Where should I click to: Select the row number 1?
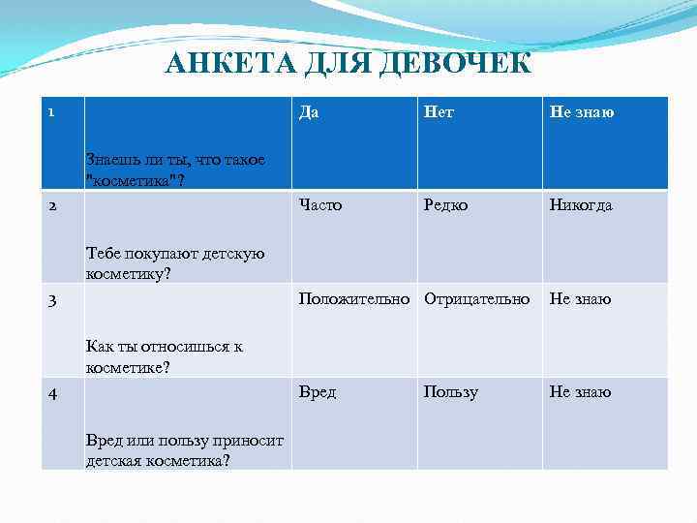52,112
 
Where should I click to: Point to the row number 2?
52,205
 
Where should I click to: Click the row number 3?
52,299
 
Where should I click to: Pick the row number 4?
52,392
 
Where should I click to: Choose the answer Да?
310,112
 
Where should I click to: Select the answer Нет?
439,112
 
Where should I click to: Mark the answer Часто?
320,205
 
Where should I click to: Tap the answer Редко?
446,205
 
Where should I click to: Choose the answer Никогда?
581,205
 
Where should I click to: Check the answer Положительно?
355,299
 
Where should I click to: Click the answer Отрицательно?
477,299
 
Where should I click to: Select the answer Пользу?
450,392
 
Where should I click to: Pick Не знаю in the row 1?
581,112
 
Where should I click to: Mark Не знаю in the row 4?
581,392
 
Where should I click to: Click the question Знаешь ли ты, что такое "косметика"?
175,168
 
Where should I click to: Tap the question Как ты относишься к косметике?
165,355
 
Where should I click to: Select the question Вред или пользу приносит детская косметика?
184,449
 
